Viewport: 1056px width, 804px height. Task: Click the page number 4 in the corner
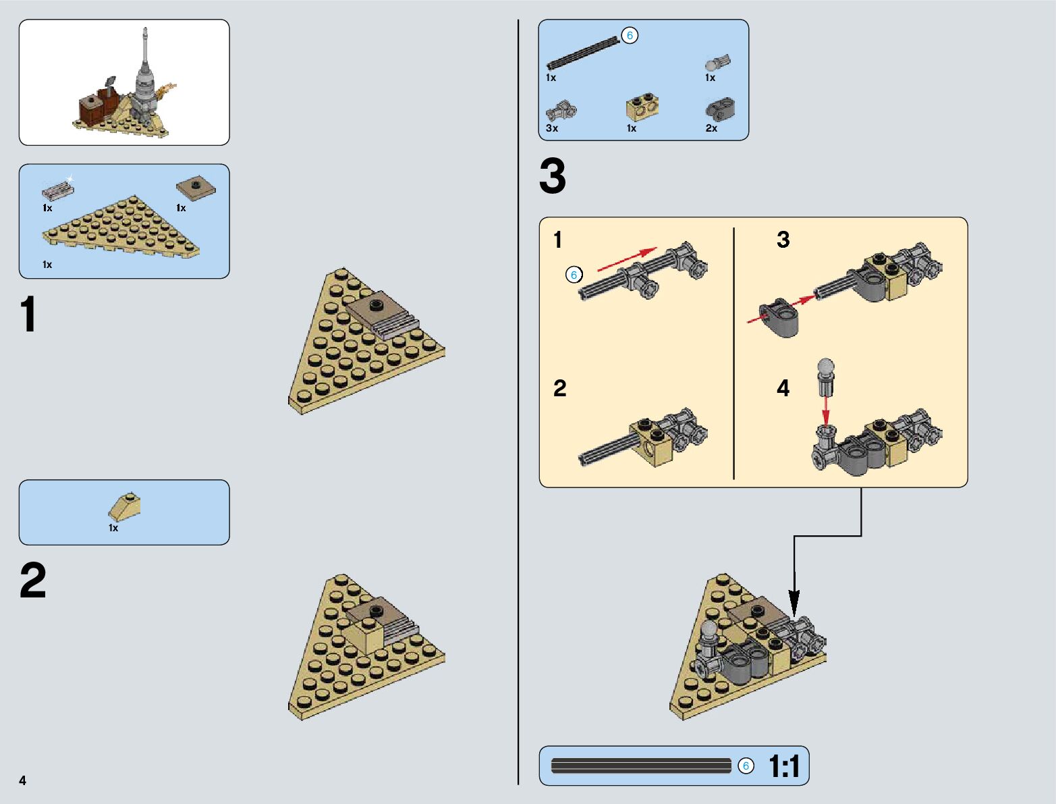(x=23, y=780)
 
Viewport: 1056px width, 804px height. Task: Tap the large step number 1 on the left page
(x=28, y=315)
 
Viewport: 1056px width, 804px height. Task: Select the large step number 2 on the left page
(x=32, y=581)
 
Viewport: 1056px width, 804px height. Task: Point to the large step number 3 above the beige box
(x=553, y=177)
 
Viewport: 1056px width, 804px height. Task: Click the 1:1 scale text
(x=784, y=766)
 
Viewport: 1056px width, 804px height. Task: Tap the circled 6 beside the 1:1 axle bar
(x=746, y=766)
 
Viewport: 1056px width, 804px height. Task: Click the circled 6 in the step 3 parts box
(x=630, y=36)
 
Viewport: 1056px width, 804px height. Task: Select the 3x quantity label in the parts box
(x=552, y=128)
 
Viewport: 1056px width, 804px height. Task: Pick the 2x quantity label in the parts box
(x=711, y=128)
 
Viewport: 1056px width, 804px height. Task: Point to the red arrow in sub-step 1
(x=627, y=260)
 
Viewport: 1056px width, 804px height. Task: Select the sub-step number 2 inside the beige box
(x=560, y=388)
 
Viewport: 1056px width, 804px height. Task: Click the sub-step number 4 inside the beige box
(x=783, y=388)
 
